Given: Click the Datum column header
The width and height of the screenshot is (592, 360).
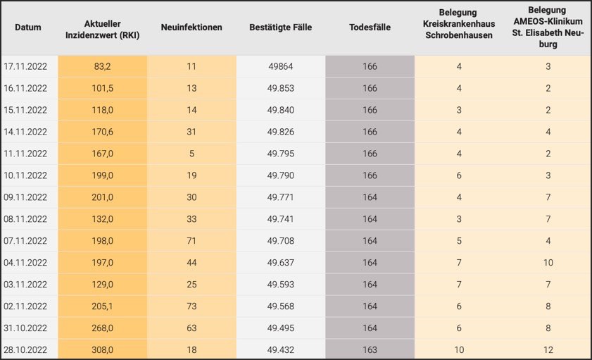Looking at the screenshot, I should pyautogui.click(x=27, y=27).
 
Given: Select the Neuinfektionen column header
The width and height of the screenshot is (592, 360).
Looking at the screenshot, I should pyautogui.click(x=191, y=27).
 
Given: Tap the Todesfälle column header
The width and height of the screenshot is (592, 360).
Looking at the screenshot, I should pyautogui.click(x=370, y=27).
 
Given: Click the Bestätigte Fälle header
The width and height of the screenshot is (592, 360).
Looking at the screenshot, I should pyautogui.click(x=280, y=27).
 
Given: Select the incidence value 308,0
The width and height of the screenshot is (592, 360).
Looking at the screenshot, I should pyautogui.click(x=103, y=350).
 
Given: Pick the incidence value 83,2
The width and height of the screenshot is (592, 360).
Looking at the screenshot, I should pyautogui.click(x=103, y=67).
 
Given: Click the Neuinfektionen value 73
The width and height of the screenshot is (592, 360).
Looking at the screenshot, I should pyautogui.click(x=191, y=306).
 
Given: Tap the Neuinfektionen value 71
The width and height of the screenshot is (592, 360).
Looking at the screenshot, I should pyautogui.click(x=191, y=241).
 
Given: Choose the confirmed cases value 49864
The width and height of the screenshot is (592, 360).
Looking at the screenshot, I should pyautogui.click(x=280, y=67).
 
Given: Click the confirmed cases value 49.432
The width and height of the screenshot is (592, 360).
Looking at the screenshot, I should pyautogui.click(x=280, y=350).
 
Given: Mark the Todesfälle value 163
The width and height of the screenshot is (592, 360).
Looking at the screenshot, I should pyautogui.click(x=370, y=350).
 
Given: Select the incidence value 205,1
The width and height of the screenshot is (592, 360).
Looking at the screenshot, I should pyautogui.click(x=103, y=306).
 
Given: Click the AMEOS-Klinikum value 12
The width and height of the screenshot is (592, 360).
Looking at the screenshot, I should pyautogui.click(x=547, y=350).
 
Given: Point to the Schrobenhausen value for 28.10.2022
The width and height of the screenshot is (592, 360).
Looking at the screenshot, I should pyautogui.click(x=459, y=350).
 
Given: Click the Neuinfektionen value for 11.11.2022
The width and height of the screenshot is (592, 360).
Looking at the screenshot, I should pyautogui.click(x=191, y=154).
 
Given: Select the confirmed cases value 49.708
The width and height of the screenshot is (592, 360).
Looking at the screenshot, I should pyautogui.click(x=280, y=241).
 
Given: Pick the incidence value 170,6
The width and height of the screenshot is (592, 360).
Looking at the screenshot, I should pyautogui.click(x=103, y=132).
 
